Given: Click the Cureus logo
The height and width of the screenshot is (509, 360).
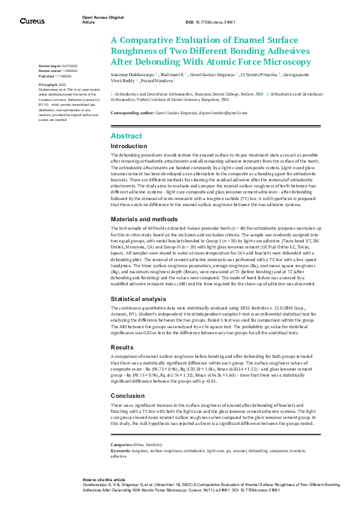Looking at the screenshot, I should pos(32,21).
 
